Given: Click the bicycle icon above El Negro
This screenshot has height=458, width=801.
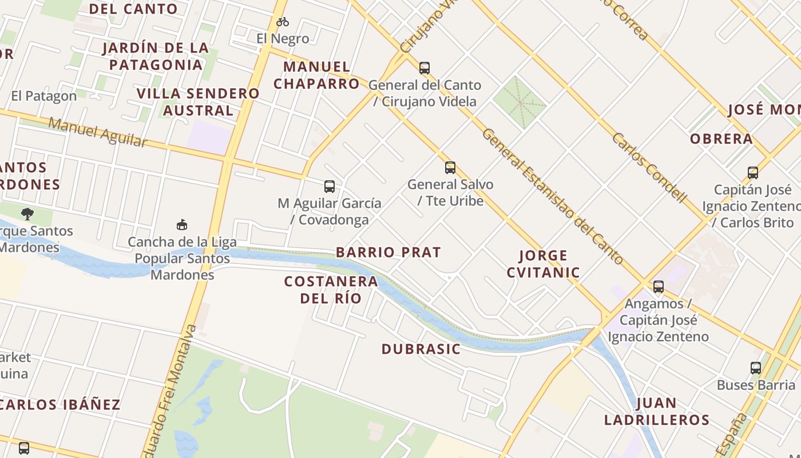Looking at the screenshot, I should (x=283, y=22).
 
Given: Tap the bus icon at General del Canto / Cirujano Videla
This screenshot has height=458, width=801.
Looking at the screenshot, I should (x=424, y=68).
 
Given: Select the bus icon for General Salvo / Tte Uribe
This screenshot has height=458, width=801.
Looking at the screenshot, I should (x=450, y=168).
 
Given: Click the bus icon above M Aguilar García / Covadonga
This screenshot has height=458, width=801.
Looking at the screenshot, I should (x=329, y=186).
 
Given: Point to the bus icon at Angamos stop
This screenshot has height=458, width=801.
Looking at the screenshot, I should (x=659, y=286).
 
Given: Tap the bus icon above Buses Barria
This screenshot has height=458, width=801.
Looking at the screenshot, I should (x=756, y=368).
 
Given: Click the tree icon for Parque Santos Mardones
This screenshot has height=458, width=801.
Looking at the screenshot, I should (x=27, y=214).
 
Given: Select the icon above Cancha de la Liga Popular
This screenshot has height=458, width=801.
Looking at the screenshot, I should (x=182, y=225).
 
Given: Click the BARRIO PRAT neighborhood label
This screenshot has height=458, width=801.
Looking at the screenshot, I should (x=388, y=252).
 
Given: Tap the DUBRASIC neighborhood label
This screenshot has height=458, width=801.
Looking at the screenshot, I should (x=421, y=349).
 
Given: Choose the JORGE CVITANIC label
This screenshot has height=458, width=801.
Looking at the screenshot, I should (x=543, y=263).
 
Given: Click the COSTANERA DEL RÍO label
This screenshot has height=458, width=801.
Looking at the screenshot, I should (x=331, y=290).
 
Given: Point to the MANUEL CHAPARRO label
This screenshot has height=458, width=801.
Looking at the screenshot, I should (x=316, y=75).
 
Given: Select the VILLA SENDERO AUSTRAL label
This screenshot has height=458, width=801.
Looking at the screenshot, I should (x=198, y=101).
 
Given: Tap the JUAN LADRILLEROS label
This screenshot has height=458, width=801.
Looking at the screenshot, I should (x=656, y=411).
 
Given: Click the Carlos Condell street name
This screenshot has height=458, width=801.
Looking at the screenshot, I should (x=649, y=168).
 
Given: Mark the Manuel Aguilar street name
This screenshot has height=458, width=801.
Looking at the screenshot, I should (x=97, y=132).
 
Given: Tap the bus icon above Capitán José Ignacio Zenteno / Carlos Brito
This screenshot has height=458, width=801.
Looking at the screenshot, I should (x=753, y=172).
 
